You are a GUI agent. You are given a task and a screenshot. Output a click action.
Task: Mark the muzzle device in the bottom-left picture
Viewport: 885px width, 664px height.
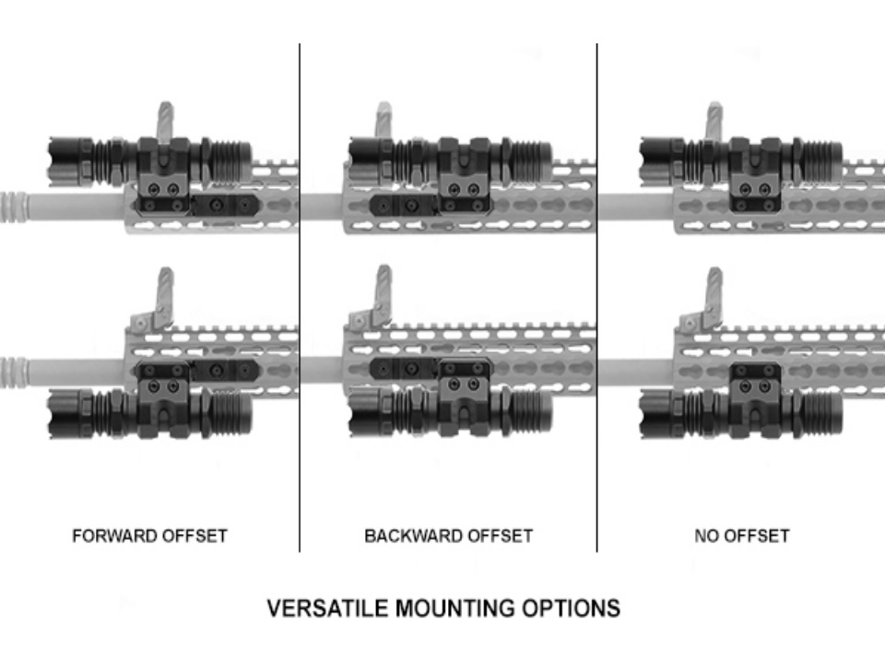point(13,373)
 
